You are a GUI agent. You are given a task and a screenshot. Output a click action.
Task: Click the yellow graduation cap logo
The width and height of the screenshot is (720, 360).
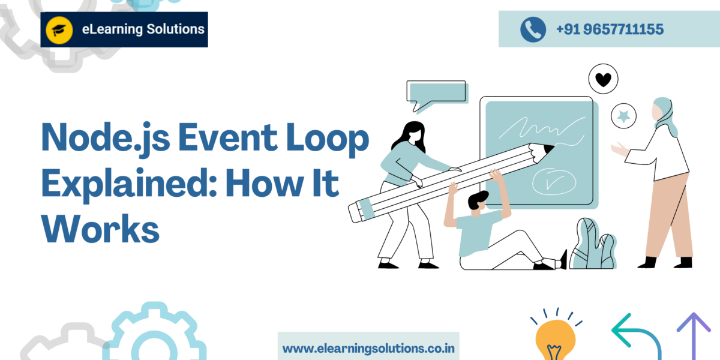tap(59, 30)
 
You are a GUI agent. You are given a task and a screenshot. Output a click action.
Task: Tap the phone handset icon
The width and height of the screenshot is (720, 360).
tap(533, 29)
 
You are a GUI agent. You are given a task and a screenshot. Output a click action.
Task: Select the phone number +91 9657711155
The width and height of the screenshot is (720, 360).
tap(610, 29)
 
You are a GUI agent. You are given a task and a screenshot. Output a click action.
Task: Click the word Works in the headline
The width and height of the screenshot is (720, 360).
tap(100, 229)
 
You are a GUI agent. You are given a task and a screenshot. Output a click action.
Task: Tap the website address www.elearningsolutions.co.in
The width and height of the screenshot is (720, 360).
tap(368, 349)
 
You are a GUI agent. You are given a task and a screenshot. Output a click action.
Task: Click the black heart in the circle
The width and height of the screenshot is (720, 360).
tap(603, 80)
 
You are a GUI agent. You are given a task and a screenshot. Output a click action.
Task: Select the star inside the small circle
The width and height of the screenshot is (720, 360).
tap(623, 116)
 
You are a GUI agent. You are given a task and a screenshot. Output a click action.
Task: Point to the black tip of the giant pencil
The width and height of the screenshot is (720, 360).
tap(549, 149)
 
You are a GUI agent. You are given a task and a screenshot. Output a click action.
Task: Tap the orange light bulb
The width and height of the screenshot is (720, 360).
tap(555, 339)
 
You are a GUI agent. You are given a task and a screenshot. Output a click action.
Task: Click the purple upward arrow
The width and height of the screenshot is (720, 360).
tap(694, 336)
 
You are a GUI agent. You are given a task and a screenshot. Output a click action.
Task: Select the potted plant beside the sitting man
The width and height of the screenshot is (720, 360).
tap(593, 244)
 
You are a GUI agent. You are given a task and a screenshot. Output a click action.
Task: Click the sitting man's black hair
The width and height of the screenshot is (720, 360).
tap(478, 199)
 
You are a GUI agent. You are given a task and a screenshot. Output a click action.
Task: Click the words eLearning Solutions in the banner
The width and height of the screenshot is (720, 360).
tap(143, 29)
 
